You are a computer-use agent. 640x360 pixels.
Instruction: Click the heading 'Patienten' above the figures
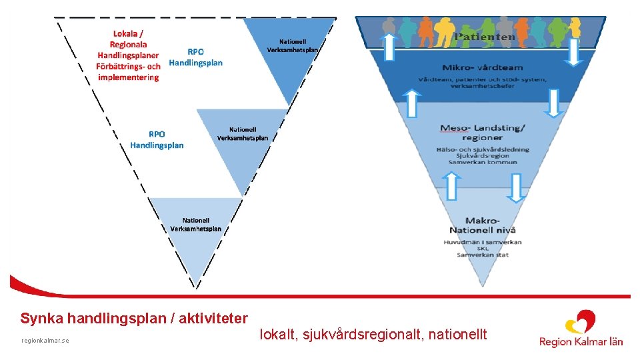point(485,37)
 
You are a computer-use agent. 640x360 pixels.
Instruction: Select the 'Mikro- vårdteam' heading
point(482,67)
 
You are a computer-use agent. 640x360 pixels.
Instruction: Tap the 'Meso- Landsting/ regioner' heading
point(482,132)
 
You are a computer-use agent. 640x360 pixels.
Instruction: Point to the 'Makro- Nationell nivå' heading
point(482,225)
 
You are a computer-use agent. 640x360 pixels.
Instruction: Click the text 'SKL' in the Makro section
point(483,248)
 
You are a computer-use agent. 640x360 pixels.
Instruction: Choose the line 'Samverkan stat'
point(482,255)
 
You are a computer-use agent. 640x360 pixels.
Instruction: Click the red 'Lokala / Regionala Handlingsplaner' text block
point(128,55)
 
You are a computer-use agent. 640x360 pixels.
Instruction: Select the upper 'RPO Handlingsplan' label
point(195,57)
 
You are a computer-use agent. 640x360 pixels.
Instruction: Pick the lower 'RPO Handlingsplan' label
point(157,139)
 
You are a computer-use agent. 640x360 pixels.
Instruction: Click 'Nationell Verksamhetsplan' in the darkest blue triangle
point(293,45)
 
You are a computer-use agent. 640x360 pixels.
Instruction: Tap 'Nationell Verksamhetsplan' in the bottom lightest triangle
point(195,225)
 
